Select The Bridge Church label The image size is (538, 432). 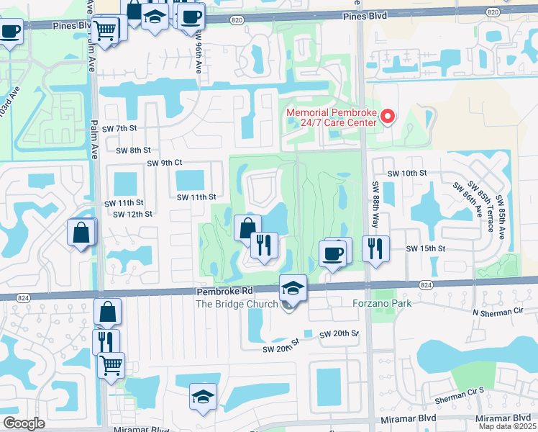click(x=237, y=304)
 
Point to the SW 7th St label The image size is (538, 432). click(x=119, y=128)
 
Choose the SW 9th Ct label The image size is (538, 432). click(x=165, y=163)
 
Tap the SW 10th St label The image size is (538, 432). click(x=407, y=174)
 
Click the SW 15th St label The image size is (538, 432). click(x=427, y=248)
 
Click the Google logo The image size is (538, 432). click(x=24, y=423)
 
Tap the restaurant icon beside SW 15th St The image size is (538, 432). click(x=375, y=248)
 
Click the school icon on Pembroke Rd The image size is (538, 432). click(x=293, y=288)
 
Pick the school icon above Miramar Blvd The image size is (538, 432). click(x=203, y=396)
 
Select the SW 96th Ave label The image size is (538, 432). click(x=199, y=56)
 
